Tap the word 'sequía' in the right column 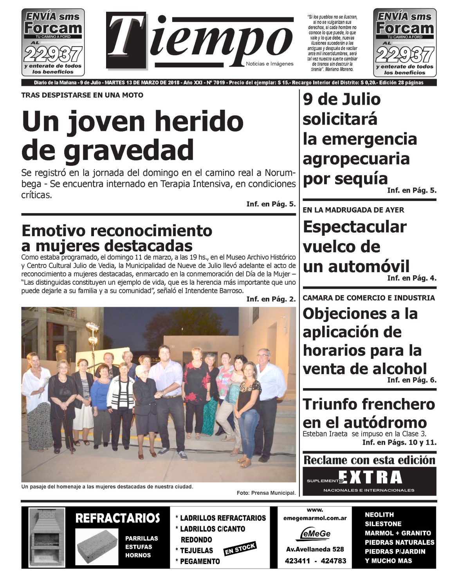(x=345, y=179)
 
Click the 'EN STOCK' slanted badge (x=240, y=549)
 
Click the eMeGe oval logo (x=315, y=534)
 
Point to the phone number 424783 (x=333, y=561)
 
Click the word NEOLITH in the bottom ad (x=379, y=515)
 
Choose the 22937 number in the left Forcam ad (x=53, y=54)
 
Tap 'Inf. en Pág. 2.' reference (x=271, y=299)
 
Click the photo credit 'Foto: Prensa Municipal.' (x=266, y=493)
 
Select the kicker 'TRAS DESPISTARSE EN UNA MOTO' (x=82, y=95)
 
